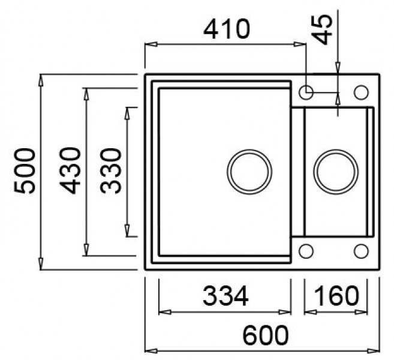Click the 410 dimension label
(x=227, y=29)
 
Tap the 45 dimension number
(x=323, y=29)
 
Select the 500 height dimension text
(x=25, y=171)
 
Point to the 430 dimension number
(x=70, y=171)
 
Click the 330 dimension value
(x=110, y=171)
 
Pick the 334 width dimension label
(x=225, y=296)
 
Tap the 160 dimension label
(x=336, y=295)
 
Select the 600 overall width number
(x=266, y=335)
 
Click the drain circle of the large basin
(x=249, y=172)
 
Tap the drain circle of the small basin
(x=336, y=172)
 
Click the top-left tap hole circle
(x=306, y=92)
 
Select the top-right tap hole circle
(x=361, y=92)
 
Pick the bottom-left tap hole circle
(x=306, y=251)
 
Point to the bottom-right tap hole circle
(x=361, y=251)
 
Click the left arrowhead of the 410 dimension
(x=151, y=44)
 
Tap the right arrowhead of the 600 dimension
(x=374, y=350)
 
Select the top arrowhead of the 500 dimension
(x=41, y=80)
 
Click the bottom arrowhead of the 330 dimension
(x=127, y=230)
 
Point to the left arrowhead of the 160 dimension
(x=310, y=312)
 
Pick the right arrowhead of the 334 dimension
(x=285, y=312)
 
